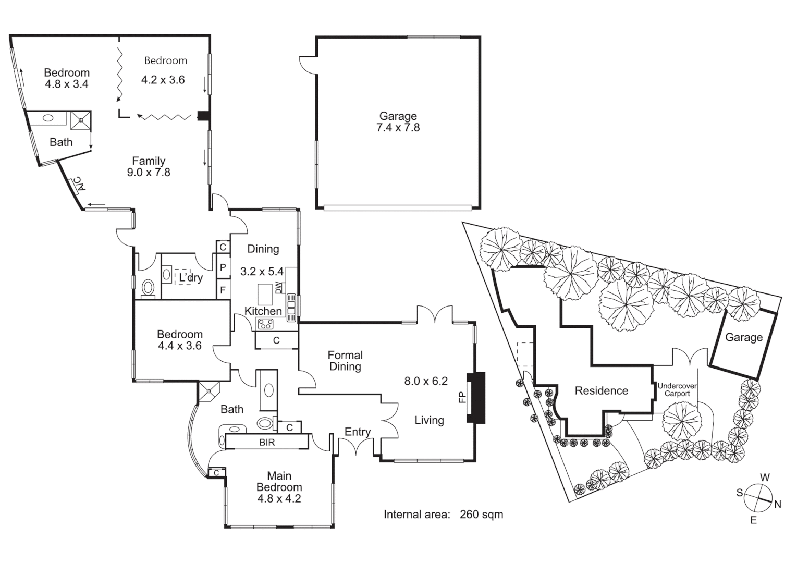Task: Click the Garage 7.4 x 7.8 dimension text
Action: pos(398,128)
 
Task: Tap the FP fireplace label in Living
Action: pos(462,397)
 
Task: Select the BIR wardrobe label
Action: pos(267,443)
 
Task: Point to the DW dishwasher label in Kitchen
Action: pos(278,287)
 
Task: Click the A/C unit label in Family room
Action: pos(77,183)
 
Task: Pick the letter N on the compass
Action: pos(778,504)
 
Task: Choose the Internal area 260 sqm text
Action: pos(443,515)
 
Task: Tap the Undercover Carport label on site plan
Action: pos(677,390)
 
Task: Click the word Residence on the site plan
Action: pos(601,390)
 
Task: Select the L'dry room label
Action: pos(190,278)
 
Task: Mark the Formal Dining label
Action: pos(345,361)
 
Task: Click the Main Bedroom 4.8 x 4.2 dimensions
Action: pos(279,498)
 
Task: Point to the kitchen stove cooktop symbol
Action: pos(265,324)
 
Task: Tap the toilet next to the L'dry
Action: pos(149,287)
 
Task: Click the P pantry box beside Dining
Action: pos(223,268)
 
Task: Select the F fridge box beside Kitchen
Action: pos(223,290)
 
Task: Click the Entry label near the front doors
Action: pos(358,432)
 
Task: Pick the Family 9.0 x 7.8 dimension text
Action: pos(149,173)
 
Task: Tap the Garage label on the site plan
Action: pos(743,337)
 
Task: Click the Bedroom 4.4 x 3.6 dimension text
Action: pos(179,346)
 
